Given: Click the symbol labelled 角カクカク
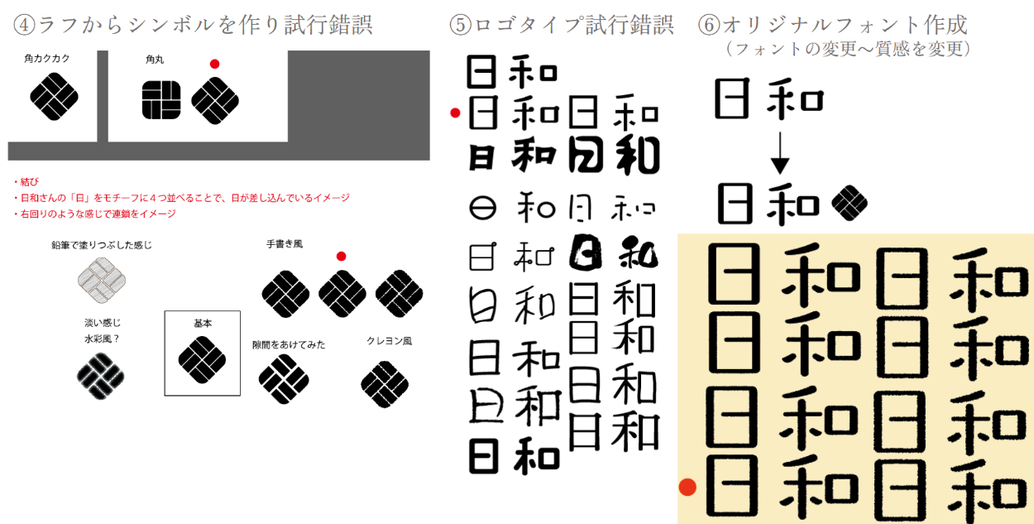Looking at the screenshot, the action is point(54,97).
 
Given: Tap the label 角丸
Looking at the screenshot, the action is point(155,59).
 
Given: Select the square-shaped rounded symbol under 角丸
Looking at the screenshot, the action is point(161,100).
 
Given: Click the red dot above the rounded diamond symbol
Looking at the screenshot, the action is point(214,64).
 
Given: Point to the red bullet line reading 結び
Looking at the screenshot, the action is point(26,181).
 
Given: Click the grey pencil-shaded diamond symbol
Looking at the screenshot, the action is point(102,281).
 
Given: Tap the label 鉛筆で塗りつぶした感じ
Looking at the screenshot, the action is point(102,245).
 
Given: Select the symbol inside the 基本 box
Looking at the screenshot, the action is point(202,360).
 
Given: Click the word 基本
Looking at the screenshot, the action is point(203,324).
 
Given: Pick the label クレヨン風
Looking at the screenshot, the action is point(389,341).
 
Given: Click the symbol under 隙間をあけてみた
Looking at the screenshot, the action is point(284,379).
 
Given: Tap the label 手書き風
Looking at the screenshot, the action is point(285,244).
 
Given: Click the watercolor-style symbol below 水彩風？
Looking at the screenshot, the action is point(101,376).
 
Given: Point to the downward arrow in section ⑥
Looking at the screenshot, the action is point(780,153).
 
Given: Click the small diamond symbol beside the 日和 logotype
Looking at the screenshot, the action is point(850,204).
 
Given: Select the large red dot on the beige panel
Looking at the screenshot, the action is point(687,487).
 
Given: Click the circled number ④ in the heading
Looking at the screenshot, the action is point(24,25).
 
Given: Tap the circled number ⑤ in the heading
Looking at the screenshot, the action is point(460,25).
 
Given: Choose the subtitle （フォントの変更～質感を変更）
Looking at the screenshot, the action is point(849,49).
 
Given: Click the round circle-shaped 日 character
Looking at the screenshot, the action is point(483,208).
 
